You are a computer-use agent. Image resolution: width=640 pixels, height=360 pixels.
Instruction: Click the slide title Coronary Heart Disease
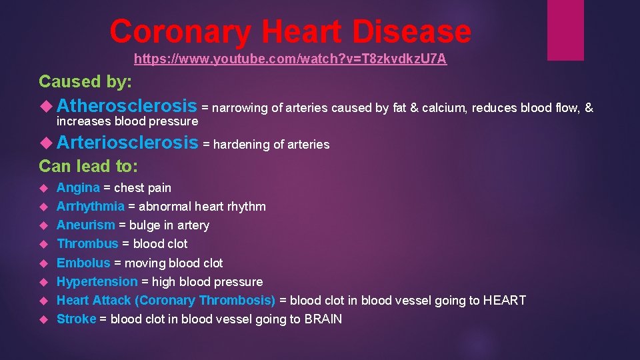point(290,31)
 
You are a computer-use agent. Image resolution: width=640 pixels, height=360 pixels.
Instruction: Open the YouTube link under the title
point(290,59)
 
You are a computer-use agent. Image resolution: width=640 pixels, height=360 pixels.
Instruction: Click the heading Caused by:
point(85,81)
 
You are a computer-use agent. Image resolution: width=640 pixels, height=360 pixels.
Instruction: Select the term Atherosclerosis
point(127,106)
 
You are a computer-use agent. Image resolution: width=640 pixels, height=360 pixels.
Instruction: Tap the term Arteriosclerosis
point(127,143)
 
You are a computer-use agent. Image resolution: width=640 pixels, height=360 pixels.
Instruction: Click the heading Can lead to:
point(88,165)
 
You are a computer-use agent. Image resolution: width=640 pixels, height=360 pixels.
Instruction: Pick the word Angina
point(78,188)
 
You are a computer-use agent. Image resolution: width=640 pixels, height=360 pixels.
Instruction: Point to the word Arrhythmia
point(90,207)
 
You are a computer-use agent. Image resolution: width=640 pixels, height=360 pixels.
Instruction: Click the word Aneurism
point(85,225)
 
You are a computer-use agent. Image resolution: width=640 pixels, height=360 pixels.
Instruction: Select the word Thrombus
point(87,244)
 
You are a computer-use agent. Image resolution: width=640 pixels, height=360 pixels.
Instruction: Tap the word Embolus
point(83,263)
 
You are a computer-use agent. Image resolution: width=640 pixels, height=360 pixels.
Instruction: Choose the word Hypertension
point(97,282)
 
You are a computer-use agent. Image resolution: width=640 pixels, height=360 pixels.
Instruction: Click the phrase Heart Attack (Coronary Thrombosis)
point(166,301)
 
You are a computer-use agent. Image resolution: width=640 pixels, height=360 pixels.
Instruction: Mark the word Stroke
point(76,319)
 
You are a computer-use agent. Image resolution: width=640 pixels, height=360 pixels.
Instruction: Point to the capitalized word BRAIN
point(323,319)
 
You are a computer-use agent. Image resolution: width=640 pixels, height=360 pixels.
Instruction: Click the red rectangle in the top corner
point(565,30)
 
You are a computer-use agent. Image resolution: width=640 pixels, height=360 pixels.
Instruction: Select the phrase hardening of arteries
point(271,145)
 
